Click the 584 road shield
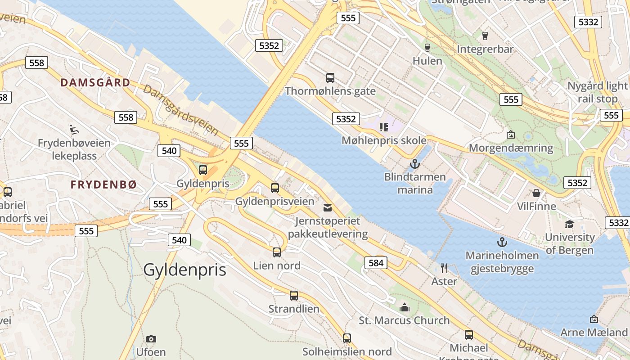375,263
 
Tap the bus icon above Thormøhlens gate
330,78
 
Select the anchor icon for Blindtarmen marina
414,164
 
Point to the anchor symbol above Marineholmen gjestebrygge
502,243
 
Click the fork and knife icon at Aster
444,268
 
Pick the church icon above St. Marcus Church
405,307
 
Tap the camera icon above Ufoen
151,339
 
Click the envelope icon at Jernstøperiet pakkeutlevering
328,208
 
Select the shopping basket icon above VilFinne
536,193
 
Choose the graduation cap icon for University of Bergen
569,224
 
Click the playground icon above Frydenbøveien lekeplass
74,130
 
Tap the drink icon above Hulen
427,47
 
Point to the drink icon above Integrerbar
485,36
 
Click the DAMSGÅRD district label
95,83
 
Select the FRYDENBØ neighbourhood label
103,184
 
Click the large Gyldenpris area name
184,270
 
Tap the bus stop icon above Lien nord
276,252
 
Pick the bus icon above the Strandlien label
293,296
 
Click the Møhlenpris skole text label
384,140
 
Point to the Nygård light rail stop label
597,92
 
